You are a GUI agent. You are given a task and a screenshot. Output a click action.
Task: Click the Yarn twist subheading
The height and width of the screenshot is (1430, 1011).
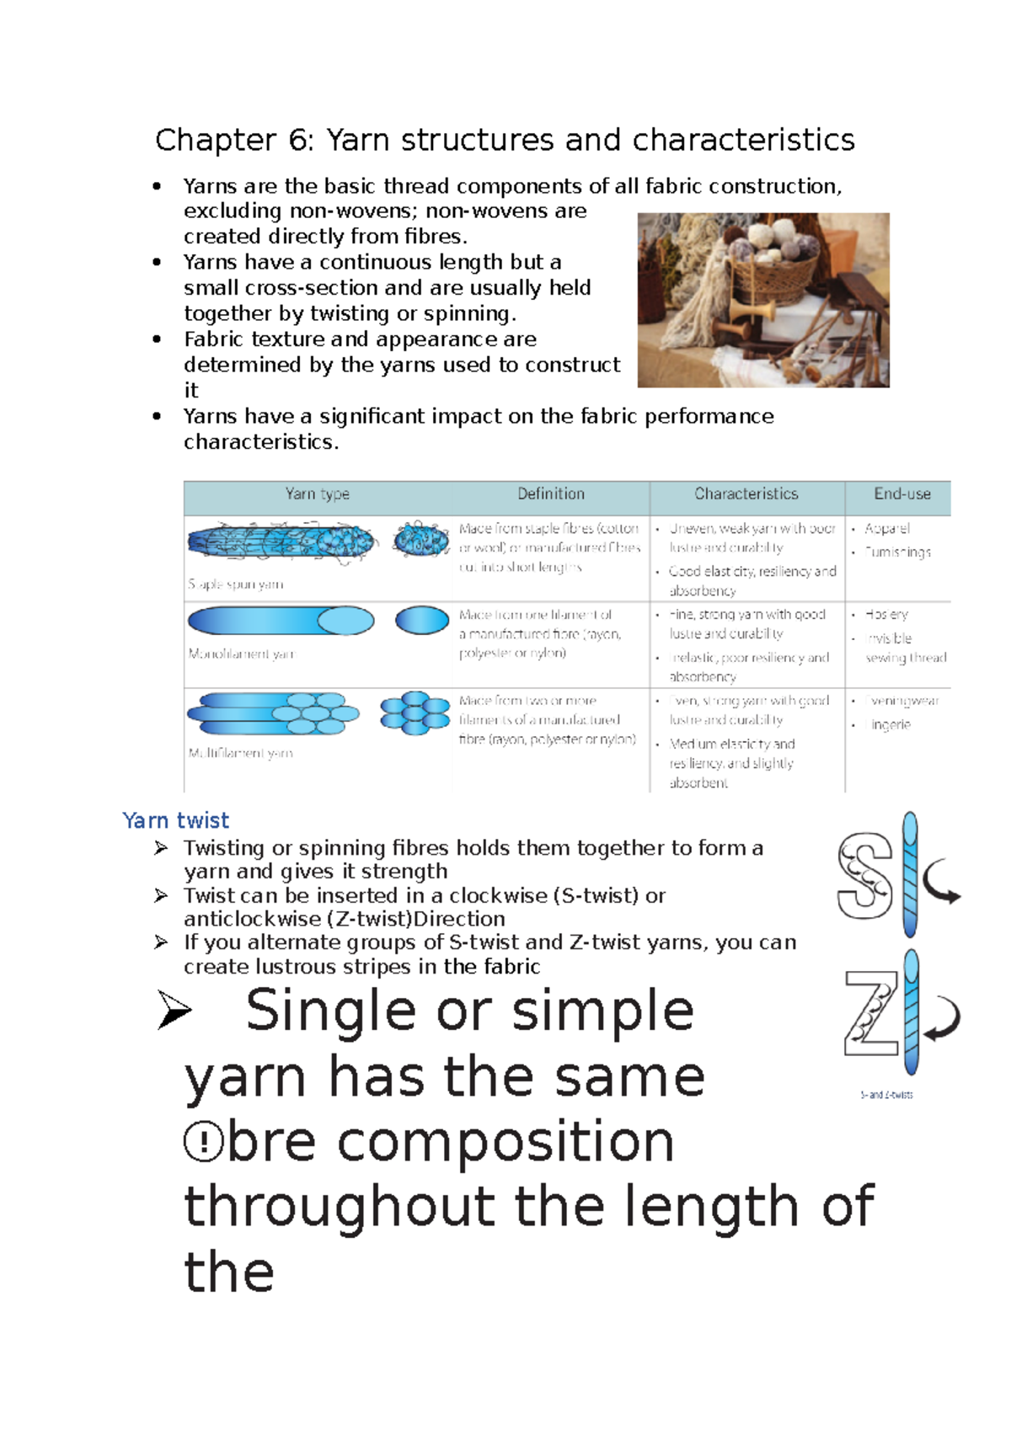(175, 820)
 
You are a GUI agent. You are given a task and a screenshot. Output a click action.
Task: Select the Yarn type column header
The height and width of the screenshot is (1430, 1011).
(317, 494)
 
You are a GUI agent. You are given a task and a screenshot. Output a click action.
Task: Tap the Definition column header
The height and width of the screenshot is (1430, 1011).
(551, 494)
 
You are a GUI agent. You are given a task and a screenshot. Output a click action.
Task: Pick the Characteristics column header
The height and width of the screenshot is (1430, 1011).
(746, 494)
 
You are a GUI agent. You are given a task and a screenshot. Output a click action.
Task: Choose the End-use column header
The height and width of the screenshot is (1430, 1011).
(901, 494)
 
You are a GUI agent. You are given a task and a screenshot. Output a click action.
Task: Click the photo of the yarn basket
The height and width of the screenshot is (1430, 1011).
(763, 300)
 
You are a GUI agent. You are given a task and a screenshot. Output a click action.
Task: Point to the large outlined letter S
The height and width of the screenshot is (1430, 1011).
(865, 876)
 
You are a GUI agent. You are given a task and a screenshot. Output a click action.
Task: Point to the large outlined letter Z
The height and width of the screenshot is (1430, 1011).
(871, 1012)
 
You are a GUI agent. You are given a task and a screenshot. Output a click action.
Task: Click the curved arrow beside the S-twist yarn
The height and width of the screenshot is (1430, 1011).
(942, 883)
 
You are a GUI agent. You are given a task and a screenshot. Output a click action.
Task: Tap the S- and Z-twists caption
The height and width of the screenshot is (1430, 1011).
(886, 1095)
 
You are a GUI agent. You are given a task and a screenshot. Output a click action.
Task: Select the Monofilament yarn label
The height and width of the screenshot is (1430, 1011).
(242, 654)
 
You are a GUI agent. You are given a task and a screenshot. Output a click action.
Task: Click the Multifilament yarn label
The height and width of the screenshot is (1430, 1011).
(241, 753)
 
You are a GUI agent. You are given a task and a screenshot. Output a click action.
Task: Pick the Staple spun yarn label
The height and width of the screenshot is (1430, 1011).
(236, 584)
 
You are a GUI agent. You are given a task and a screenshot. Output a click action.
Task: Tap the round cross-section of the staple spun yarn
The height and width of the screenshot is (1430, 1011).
(421, 539)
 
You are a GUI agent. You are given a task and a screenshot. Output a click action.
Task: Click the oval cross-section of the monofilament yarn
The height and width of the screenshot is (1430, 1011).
(422, 621)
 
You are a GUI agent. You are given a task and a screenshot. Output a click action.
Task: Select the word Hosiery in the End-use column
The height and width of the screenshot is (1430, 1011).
(886, 615)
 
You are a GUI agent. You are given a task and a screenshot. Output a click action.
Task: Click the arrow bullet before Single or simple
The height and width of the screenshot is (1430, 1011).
(174, 1010)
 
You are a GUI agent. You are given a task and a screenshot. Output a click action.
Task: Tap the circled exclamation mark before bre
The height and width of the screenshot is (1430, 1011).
(203, 1143)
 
